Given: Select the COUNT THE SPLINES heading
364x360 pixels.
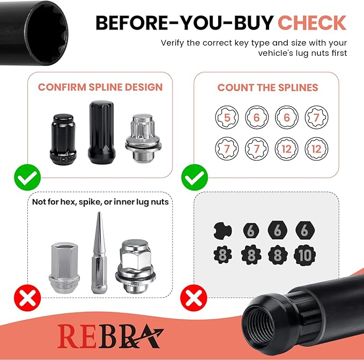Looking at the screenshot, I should pos(268,87).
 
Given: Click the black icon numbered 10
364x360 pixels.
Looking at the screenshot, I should pos(305,255).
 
